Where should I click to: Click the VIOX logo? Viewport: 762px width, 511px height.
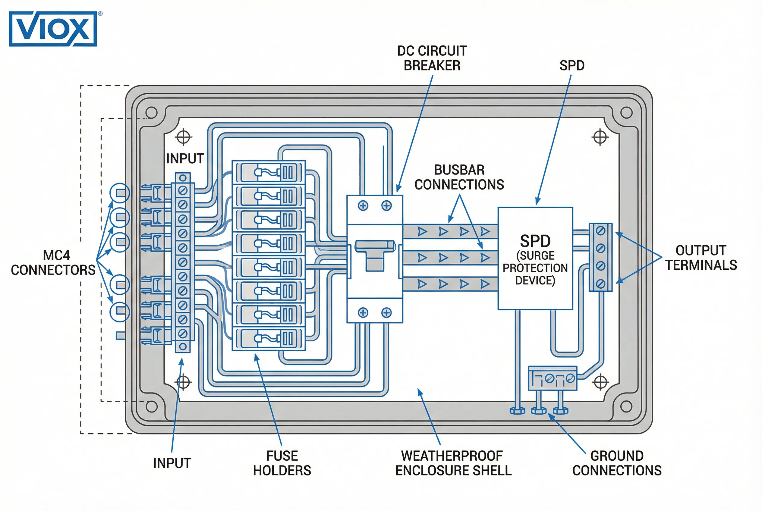(53, 29)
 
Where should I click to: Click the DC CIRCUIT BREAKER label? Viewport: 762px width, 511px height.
(432, 58)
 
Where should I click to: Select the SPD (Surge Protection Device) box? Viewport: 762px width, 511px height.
(535, 258)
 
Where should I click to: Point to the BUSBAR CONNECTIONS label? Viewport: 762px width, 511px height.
(459, 177)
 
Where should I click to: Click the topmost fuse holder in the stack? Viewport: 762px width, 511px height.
(269, 172)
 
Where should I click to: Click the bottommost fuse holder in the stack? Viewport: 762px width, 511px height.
(269, 339)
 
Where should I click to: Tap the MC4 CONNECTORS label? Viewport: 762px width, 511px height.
(53, 262)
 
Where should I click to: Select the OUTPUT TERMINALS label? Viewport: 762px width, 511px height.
(701, 257)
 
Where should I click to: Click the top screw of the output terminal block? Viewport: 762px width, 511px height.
(600, 231)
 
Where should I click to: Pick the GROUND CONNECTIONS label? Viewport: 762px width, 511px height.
(617, 463)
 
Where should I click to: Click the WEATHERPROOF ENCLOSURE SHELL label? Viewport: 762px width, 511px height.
(453, 463)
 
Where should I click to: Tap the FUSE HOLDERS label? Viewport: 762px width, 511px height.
(282, 463)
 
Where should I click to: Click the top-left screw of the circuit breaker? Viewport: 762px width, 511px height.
(363, 206)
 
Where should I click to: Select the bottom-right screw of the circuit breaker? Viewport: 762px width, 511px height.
(386, 313)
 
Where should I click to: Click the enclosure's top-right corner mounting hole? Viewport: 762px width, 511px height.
(626, 113)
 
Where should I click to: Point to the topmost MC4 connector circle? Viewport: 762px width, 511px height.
(120, 193)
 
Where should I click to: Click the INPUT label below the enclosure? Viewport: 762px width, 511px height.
(172, 463)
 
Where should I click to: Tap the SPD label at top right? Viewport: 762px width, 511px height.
(571, 65)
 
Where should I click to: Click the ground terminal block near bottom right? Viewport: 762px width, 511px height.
(552, 378)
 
